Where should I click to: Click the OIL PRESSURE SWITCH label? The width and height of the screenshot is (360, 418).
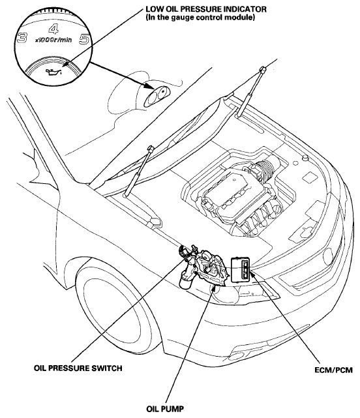[x=78, y=368]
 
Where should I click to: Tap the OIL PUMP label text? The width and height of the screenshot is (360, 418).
[x=165, y=409]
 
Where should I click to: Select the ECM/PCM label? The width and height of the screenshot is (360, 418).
[x=334, y=370]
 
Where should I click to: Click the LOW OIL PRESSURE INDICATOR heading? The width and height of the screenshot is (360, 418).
[x=206, y=9]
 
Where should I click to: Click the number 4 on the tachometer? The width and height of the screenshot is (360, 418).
[x=54, y=29]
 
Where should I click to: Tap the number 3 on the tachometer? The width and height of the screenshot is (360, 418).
[x=22, y=38]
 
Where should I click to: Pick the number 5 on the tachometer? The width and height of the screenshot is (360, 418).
[x=84, y=40]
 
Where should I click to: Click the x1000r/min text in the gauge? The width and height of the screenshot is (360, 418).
[x=53, y=40]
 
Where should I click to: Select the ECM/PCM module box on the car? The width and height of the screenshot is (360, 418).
[x=240, y=269]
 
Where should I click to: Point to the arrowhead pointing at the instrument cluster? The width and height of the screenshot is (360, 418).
[x=149, y=86]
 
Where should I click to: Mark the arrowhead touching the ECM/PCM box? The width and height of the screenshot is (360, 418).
[x=252, y=273]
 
